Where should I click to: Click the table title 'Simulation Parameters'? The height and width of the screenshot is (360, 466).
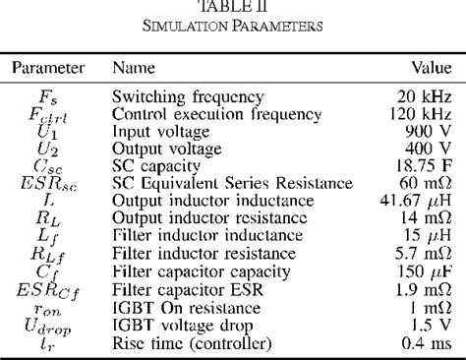233,26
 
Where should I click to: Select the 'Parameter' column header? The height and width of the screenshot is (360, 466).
48,69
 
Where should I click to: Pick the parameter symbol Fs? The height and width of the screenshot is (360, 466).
48,96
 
